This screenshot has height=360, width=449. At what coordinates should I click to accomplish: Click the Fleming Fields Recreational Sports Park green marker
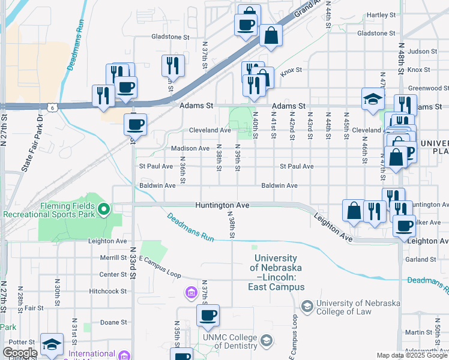click(x=104, y=209)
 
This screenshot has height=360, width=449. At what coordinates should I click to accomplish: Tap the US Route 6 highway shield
click(x=53, y=107)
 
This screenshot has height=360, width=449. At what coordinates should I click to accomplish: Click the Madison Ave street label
click(x=190, y=148)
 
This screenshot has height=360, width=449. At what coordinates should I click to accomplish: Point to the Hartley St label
click(x=381, y=14)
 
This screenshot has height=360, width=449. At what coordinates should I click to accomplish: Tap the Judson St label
click(x=420, y=52)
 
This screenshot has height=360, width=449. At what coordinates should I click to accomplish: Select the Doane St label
click(x=113, y=322)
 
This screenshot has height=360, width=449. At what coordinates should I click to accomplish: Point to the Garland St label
click(x=420, y=260)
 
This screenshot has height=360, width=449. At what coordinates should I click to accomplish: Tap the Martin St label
click(x=414, y=332)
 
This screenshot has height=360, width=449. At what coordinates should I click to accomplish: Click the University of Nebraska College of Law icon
click(x=308, y=307)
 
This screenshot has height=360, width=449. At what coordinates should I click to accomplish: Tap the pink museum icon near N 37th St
click(x=190, y=293)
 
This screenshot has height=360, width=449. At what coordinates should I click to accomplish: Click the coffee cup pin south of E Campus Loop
click(x=208, y=316)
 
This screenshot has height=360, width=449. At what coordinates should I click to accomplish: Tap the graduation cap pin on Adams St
click(x=373, y=99)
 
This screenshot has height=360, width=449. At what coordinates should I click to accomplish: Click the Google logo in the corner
click(x=19, y=353)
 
